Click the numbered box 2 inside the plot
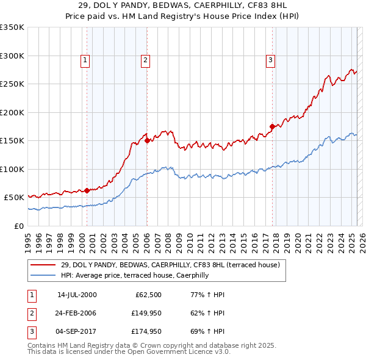(x=145, y=60)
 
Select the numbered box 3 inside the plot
(x=270, y=60)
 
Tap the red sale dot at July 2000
(x=87, y=190)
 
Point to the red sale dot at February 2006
(x=148, y=140)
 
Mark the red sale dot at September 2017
(x=273, y=127)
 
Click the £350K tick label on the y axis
(x=12, y=27)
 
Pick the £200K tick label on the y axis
(x=12, y=112)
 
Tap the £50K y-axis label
(x=14, y=198)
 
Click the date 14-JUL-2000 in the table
(x=77, y=295)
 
